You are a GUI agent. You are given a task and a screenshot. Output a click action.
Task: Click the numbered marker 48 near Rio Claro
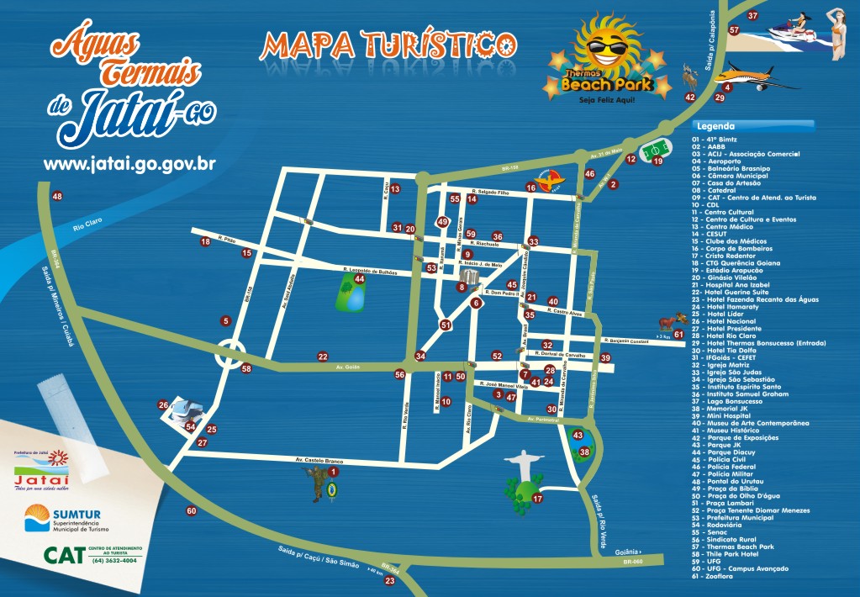(57, 197)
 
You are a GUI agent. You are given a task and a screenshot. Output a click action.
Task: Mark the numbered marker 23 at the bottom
(389, 581)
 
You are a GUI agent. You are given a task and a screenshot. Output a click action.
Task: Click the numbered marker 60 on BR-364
(192, 510)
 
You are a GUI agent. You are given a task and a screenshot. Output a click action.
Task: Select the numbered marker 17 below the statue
(538, 499)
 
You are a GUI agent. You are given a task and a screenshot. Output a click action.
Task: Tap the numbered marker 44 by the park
(359, 278)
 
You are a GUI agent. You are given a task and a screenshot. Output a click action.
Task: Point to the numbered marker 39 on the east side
(605, 357)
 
